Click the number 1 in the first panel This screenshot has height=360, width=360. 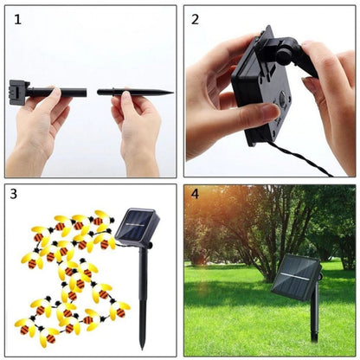coord(17,18)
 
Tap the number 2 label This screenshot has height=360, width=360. coord(196,18)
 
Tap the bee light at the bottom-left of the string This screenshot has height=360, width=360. coord(24,328)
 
